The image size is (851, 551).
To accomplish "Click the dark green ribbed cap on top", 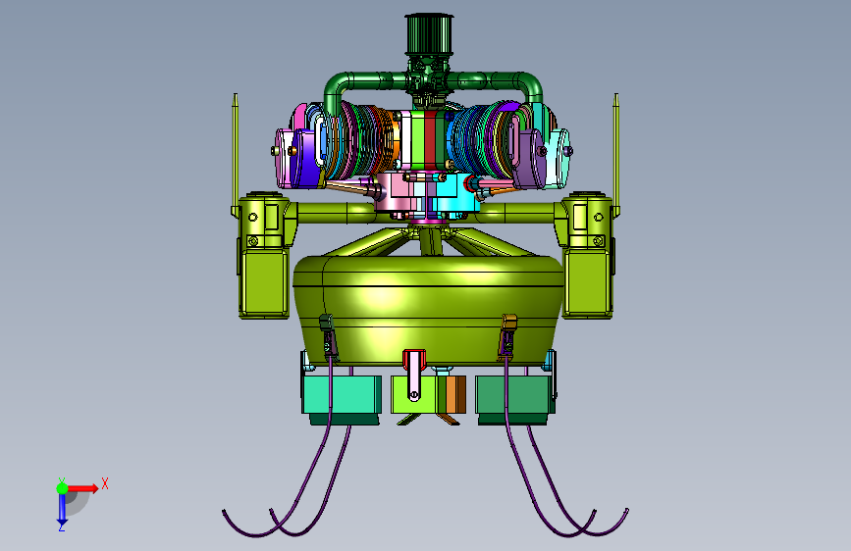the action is click(x=429, y=33).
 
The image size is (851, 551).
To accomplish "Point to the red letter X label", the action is click(x=105, y=483).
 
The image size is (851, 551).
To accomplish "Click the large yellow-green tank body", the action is click(x=428, y=308).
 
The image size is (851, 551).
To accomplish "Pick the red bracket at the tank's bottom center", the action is click(x=413, y=360).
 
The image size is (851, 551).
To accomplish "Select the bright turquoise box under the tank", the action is click(x=342, y=395).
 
